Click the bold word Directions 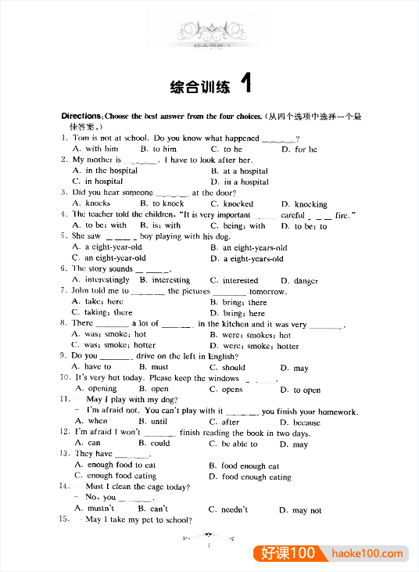[x=81, y=116]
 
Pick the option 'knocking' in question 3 [x=310, y=204]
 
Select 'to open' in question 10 [x=306, y=390]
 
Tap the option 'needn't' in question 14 [x=234, y=510]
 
